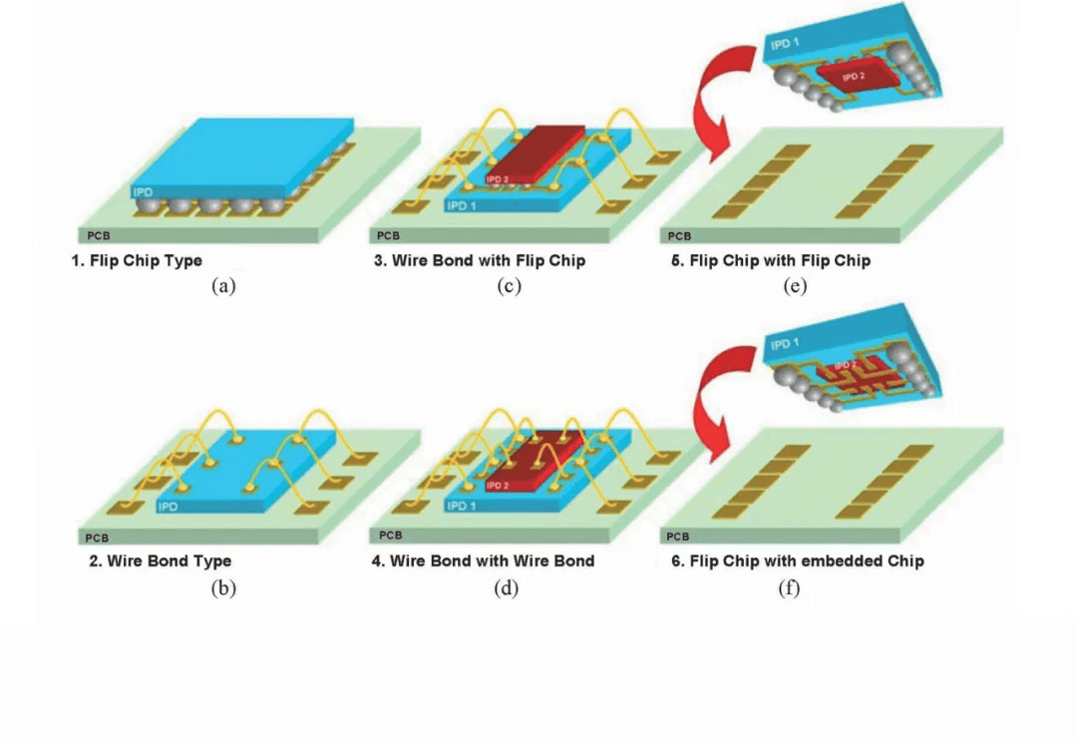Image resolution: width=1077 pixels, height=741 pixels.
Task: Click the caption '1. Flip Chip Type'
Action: point(144,261)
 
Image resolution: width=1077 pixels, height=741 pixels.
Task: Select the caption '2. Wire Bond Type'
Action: point(160,560)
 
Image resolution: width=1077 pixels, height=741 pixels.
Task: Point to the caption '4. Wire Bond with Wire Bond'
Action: point(483,560)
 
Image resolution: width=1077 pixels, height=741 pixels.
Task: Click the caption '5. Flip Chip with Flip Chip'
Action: point(771,261)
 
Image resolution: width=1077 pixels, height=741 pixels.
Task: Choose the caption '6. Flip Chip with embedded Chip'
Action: point(797,560)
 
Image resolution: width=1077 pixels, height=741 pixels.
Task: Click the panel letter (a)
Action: point(223,287)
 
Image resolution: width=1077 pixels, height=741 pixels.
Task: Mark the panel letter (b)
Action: point(223,588)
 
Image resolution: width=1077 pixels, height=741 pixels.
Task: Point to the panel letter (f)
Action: point(789,588)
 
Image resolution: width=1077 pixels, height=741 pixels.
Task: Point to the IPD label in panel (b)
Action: point(169,507)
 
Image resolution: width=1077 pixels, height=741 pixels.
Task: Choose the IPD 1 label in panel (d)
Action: point(462,507)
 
